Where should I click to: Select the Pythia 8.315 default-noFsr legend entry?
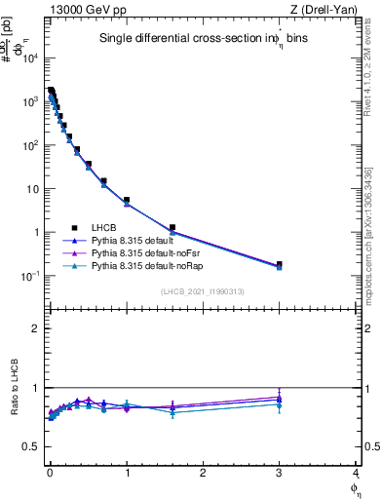[x=145, y=252]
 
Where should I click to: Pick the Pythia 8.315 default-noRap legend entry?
[x=146, y=265]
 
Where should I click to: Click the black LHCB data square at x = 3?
[x=279, y=264]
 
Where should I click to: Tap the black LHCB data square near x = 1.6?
[x=172, y=228]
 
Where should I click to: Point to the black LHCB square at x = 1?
[x=127, y=200]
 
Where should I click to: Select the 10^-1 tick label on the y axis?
[x=31, y=276]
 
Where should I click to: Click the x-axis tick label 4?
[x=356, y=473]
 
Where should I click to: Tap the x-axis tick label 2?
[x=203, y=473]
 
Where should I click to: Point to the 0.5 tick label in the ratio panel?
[x=34, y=446]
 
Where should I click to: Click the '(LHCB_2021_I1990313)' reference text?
[x=203, y=291]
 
